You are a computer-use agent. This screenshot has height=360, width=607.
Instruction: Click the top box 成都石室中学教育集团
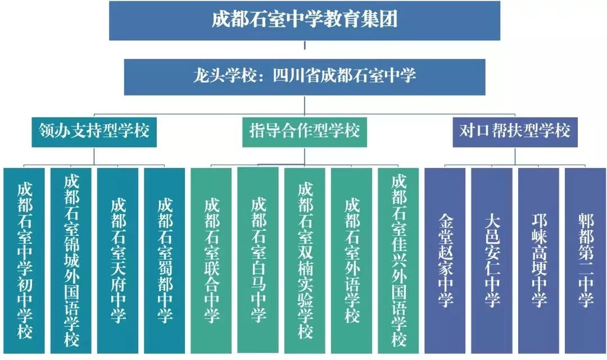tap(304, 20)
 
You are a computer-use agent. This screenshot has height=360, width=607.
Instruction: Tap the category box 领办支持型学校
tap(94, 131)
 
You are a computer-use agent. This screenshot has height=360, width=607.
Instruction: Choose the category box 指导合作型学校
tap(304, 131)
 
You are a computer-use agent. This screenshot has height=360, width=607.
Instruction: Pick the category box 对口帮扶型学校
tap(514, 131)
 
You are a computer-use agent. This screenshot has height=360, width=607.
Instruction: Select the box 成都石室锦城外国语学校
tap(71, 260)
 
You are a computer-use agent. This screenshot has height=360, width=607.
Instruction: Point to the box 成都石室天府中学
tap(118, 260)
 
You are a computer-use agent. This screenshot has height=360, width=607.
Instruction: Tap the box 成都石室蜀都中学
tap(165, 260)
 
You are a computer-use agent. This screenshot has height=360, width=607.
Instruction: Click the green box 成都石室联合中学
tap(211, 260)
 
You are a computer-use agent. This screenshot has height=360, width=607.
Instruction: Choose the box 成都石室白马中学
tap(258, 260)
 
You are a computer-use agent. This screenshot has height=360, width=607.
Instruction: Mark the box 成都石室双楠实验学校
tap(305, 260)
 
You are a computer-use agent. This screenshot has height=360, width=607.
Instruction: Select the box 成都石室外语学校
tap(351, 260)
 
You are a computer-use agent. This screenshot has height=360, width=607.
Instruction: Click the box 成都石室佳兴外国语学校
tap(398, 260)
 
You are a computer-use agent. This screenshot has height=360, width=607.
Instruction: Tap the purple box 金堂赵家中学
tap(445, 260)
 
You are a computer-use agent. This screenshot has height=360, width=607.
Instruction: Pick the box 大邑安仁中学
tap(492, 260)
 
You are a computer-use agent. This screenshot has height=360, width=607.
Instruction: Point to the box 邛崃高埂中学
tap(538, 260)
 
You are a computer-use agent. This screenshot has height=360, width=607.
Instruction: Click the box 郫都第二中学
tap(585, 260)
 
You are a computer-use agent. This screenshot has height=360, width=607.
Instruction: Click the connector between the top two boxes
tap(304, 48)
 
